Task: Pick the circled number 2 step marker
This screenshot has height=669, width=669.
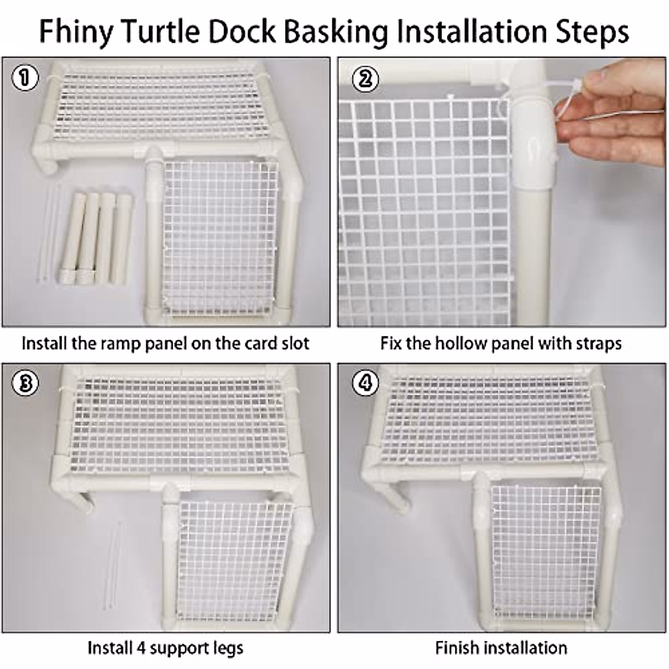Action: click(x=365, y=79)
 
